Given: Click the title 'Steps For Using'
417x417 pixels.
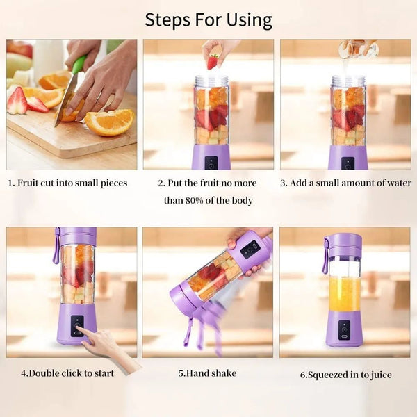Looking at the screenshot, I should coord(208,19).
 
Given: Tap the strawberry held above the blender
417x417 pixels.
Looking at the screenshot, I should coord(213,61).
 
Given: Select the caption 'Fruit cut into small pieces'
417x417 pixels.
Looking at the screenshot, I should coord(67,183).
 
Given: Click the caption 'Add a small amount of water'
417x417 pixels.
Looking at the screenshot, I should coord(345,183).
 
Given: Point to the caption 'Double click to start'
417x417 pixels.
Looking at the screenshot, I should coord(67,373).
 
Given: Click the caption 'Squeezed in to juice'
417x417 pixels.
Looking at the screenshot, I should coord(345,375).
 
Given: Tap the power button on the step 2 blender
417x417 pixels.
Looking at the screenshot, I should coord(211,162).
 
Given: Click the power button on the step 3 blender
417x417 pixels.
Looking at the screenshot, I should coord(347,162).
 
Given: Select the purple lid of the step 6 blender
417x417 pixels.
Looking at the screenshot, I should coord(344,244).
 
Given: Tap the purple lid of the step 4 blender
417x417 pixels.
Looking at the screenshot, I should coord(76,235).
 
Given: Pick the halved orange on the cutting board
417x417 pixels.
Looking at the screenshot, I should coord(110,122).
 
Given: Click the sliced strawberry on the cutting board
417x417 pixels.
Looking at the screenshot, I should coord(17,101).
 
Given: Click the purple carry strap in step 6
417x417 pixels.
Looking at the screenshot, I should coord(325,256).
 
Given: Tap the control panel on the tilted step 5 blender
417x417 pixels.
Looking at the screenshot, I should coord(249,249).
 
